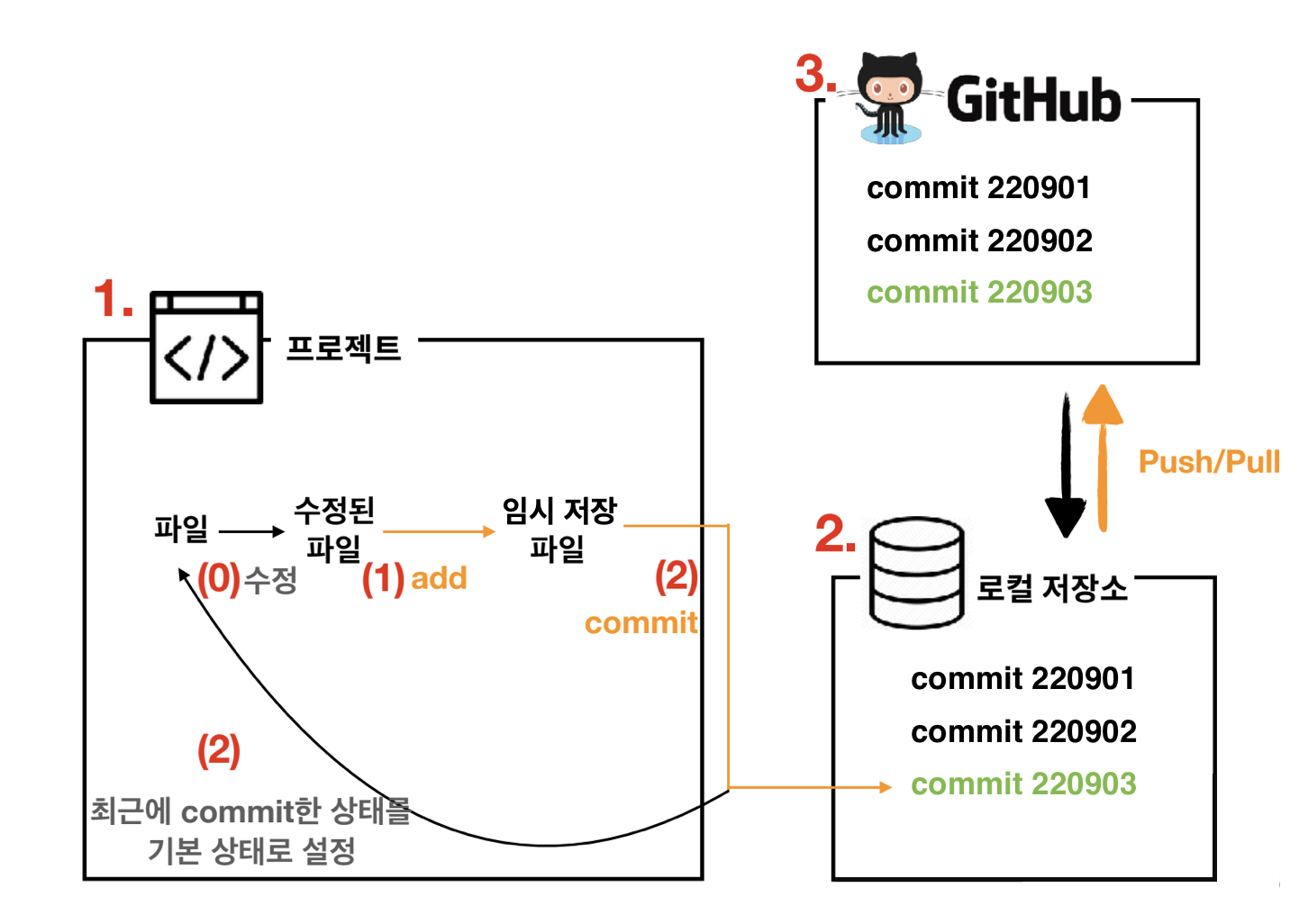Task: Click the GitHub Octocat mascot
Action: [x=890, y=97]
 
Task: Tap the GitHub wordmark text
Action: [x=1033, y=99]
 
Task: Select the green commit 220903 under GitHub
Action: [x=979, y=292]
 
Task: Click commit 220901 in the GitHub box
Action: [x=978, y=187]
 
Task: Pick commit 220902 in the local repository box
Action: [x=1023, y=731]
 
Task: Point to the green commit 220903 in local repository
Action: [x=1023, y=784]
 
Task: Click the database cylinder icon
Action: [x=916, y=572]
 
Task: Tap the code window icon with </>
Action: [x=206, y=348]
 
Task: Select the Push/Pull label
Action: [x=1209, y=462]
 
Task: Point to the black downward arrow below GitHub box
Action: [x=1066, y=468]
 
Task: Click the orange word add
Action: [x=439, y=578]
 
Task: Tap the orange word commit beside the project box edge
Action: [x=640, y=622]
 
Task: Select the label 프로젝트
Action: [x=343, y=349]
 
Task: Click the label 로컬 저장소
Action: [x=1052, y=589]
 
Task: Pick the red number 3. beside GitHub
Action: [x=815, y=74]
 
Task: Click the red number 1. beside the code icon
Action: [x=114, y=299]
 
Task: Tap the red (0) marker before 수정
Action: [x=219, y=579]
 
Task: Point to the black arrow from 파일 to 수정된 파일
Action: [x=251, y=531]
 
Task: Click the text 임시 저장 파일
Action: [x=559, y=529]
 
